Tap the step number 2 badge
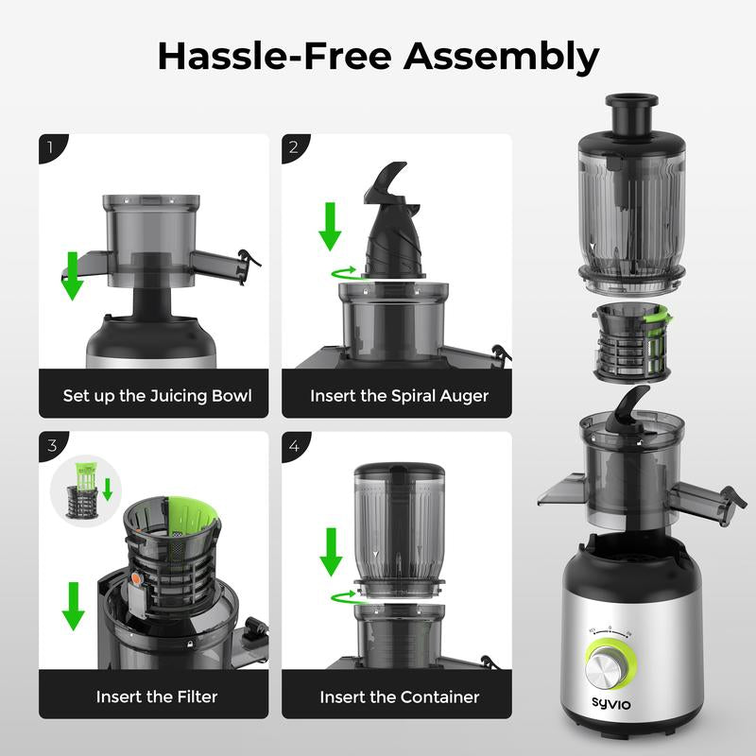click(x=294, y=146)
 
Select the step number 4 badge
click(x=294, y=445)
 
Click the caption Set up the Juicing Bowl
click(x=157, y=395)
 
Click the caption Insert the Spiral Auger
click(x=399, y=395)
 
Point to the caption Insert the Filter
click(x=157, y=696)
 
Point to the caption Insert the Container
click(x=399, y=696)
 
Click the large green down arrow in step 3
click(x=72, y=605)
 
